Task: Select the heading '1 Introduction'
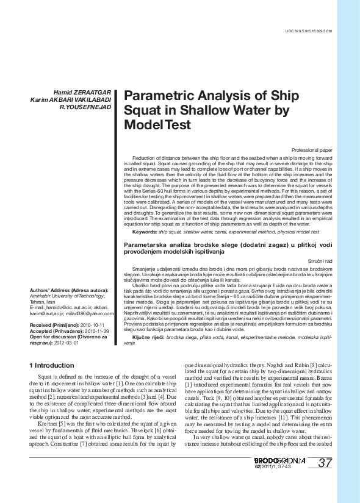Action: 52,365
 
